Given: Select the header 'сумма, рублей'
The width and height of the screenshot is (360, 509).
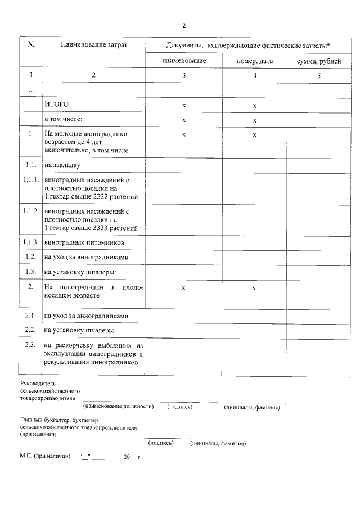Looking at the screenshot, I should (318, 61).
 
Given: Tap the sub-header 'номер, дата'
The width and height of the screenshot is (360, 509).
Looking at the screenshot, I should (255, 61).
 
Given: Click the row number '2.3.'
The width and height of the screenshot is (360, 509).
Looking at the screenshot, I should (31, 344).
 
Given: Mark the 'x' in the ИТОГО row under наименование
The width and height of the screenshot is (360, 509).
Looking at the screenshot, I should (184, 105).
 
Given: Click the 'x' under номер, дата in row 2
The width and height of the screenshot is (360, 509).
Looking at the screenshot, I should (254, 288).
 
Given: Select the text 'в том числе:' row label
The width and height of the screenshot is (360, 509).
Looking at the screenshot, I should (64, 119).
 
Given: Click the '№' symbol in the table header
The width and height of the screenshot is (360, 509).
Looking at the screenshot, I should (31, 44).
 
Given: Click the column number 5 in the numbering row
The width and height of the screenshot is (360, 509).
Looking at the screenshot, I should (318, 75).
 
